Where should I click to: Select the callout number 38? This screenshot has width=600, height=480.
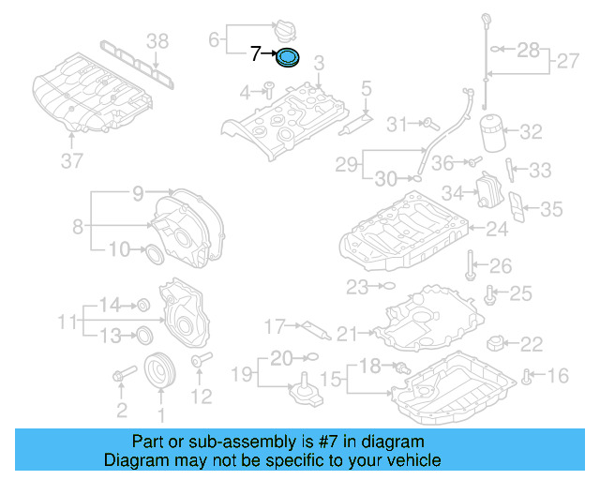pos(157,40)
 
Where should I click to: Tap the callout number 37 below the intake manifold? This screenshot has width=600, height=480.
pos(72,161)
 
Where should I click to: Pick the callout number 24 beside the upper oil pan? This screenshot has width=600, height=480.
pos(496,229)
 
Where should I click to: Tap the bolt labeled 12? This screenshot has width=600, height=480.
pos(198,361)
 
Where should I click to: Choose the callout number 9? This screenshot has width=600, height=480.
pos(138,194)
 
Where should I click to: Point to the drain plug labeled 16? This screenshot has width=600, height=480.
pos(529,377)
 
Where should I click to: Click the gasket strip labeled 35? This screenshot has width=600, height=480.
pos(516,207)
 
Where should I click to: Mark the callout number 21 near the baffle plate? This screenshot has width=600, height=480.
pos(348,334)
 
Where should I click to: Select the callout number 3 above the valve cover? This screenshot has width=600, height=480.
pos(319,64)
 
